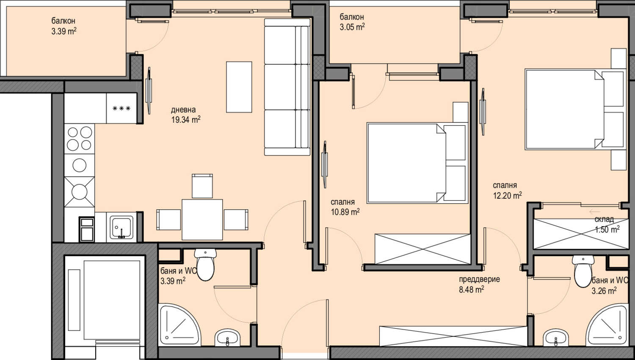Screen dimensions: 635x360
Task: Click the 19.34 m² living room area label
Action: pyautogui.click(x=186, y=119)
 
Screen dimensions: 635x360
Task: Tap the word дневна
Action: pyautogui.click(x=183, y=110)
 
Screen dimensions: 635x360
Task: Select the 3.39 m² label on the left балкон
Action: pyautogui.click(x=64, y=31)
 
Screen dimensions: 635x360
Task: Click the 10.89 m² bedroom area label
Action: pyautogui.click(x=345, y=212)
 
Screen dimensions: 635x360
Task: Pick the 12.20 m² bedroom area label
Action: pyautogui.click(x=508, y=195)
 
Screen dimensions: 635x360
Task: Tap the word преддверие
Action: pyautogui.click(x=479, y=279)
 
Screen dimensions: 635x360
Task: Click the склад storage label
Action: pyautogui.click(x=604, y=219)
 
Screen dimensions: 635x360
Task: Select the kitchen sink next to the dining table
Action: pyautogui.click(x=121, y=227)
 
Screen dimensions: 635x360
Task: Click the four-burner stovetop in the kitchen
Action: pyautogui.click(x=80, y=139)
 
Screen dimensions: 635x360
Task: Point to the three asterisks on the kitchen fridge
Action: pyautogui.click(x=121, y=108)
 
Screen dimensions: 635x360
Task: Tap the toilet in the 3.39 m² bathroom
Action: pyautogui.click(x=205, y=265)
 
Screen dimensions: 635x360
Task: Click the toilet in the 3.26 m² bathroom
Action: pyautogui.click(x=583, y=271)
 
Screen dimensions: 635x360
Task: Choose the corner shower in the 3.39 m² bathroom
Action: pyautogui.click(x=179, y=325)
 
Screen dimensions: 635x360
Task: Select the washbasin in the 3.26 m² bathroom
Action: pyautogui.click(x=556, y=338)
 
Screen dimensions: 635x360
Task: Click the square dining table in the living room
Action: pyautogui.click(x=202, y=219)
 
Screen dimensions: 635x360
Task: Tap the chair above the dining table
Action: pyautogui.click(x=202, y=186)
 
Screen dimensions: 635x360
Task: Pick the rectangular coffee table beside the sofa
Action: pyautogui.click(x=239, y=87)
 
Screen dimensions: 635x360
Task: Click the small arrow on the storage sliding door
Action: pyautogui.click(x=594, y=211)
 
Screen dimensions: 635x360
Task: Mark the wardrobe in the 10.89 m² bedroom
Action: pyautogui.click(x=422, y=249)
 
